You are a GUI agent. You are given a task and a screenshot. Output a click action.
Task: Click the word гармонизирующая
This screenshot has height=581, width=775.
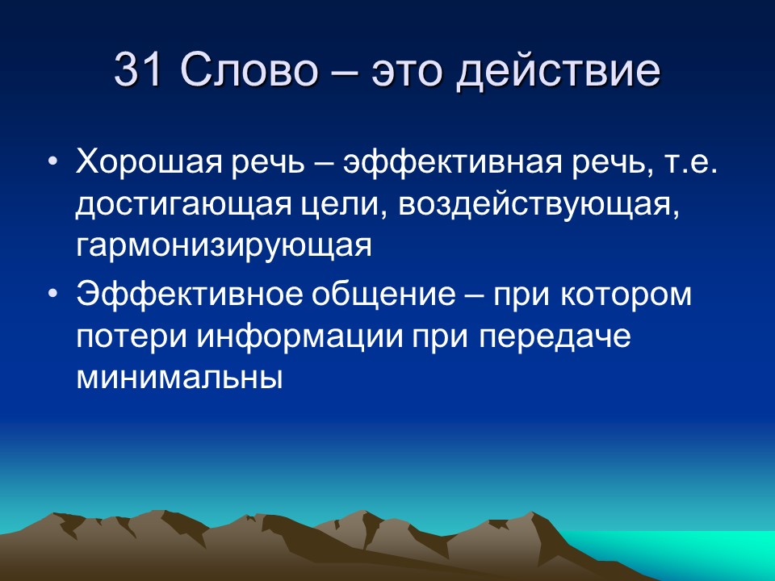click(x=224, y=245)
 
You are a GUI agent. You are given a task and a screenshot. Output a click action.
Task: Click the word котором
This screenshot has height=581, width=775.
click(x=635, y=295)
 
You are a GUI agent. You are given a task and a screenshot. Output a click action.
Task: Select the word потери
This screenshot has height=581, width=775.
click(x=125, y=336)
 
